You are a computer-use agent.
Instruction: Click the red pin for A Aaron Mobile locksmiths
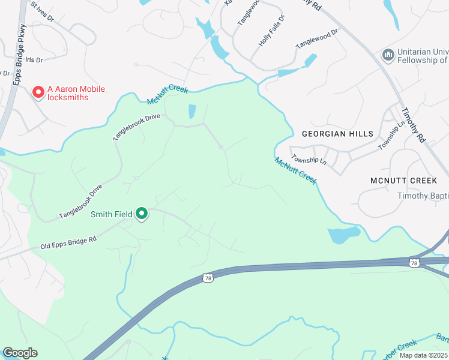click(x=38, y=92)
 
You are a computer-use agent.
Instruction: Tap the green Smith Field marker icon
click(x=142, y=214)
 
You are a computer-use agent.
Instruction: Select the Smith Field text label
click(x=111, y=214)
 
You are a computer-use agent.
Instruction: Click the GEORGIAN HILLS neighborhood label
click(x=337, y=134)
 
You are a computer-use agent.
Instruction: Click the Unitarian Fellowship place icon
click(x=388, y=55)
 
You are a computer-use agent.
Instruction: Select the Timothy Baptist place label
click(x=423, y=196)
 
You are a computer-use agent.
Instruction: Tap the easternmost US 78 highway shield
click(x=414, y=263)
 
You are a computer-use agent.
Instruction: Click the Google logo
click(x=20, y=353)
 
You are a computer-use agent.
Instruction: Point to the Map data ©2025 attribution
click(x=423, y=355)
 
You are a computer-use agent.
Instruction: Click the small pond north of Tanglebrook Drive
click(x=192, y=112)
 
